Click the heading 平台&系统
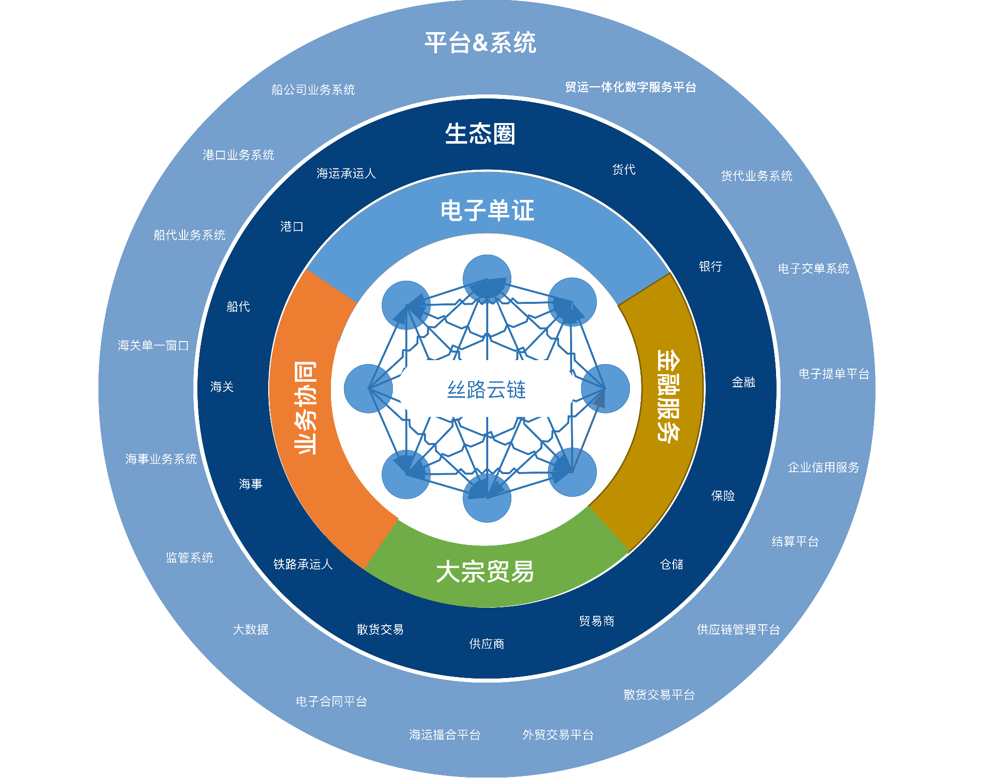(x=480, y=43)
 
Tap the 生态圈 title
(x=480, y=134)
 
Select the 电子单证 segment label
(x=487, y=210)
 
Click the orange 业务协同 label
(x=305, y=408)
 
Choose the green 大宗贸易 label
(x=485, y=572)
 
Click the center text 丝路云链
(x=487, y=390)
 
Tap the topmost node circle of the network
(x=487, y=279)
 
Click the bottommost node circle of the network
(x=487, y=498)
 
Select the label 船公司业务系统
(x=313, y=90)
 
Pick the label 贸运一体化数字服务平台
(x=630, y=87)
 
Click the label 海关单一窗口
(x=153, y=346)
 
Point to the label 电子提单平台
(x=834, y=374)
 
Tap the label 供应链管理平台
(x=738, y=630)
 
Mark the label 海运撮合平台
(x=445, y=735)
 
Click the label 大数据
(x=251, y=630)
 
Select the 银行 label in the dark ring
(x=710, y=267)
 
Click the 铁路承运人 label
(x=303, y=565)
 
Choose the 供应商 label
(x=487, y=644)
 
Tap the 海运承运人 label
(x=346, y=174)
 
